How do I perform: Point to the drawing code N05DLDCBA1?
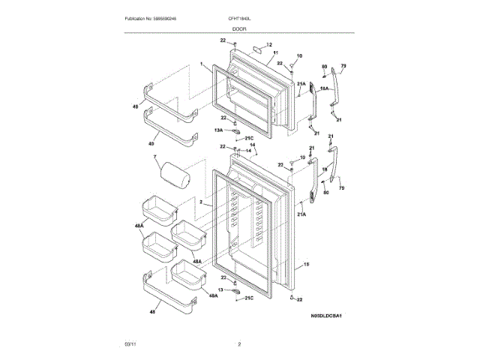click(x=326, y=316)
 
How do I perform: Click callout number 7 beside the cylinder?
click(x=155, y=158)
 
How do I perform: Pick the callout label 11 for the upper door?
click(x=275, y=52)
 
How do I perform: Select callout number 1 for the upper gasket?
click(x=202, y=64)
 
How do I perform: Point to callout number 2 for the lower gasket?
click(x=202, y=202)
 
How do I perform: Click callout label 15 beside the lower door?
click(x=306, y=265)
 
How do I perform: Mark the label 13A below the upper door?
click(x=218, y=130)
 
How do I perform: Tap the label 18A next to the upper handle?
click(x=325, y=88)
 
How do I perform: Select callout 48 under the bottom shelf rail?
click(x=152, y=311)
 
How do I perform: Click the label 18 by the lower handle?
click(x=324, y=170)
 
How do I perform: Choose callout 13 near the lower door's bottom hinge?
click(x=220, y=289)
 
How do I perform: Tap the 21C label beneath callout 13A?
click(x=250, y=138)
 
